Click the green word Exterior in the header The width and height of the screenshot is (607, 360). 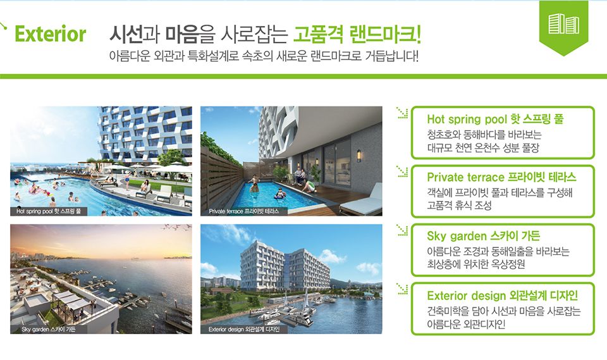coord(51,34)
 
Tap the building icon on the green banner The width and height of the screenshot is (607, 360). coord(563,23)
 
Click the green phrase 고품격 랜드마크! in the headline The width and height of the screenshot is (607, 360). coord(357,34)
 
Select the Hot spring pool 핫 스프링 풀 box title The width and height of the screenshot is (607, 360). coord(495,118)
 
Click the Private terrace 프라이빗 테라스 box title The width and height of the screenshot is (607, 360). coord(501,177)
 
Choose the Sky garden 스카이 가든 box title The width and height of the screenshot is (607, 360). coord(484,235)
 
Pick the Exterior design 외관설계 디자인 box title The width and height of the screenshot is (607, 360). coord(503,295)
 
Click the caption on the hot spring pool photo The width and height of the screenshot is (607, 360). coord(49,211)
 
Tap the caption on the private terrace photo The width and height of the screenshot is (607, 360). coord(244,211)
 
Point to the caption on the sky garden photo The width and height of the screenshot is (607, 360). coord(49,330)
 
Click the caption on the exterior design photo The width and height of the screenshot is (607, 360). coord(244,330)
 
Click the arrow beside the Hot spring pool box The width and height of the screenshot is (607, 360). coord(402,113)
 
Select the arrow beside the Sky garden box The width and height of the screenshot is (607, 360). coord(402,230)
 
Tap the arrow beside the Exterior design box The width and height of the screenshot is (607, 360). coord(402,289)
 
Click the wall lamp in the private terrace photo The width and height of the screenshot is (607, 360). coord(359,156)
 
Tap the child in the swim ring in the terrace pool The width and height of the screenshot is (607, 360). coord(280,194)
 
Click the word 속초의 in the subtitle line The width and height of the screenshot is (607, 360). coord(257,56)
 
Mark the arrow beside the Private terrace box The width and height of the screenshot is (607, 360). coord(402,171)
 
